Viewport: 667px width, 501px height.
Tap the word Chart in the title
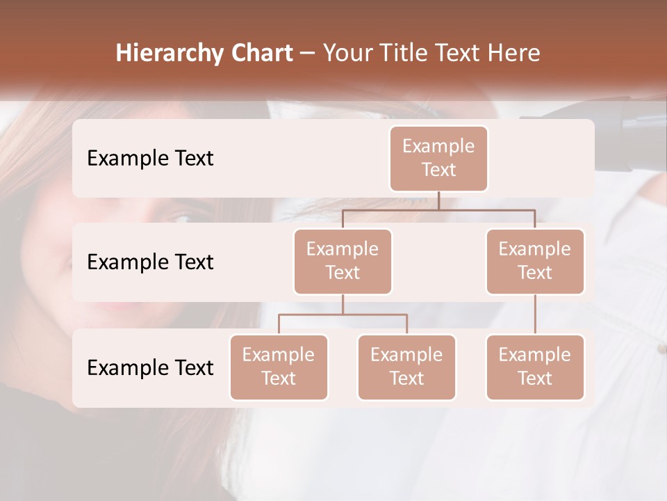259,54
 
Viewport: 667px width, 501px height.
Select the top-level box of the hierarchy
438,159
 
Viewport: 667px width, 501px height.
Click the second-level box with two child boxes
343,262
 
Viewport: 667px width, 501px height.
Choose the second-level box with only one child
535,262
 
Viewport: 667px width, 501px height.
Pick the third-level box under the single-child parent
535,367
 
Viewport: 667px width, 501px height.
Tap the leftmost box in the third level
279,367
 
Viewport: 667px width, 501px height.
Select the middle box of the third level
406,367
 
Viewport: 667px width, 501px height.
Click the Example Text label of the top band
150,159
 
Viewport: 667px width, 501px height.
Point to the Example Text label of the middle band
150,262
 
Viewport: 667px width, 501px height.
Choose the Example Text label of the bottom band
150,367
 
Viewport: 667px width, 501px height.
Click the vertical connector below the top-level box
438,200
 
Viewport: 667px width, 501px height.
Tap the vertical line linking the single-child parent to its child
535,315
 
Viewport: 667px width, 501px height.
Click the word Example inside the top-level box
438,147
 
